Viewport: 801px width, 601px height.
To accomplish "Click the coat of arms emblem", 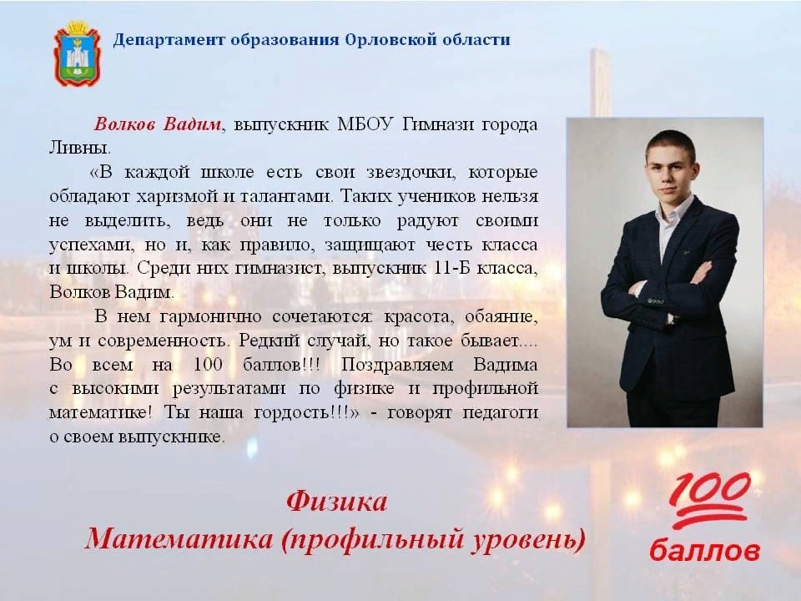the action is pyautogui.click(x=77, y=53).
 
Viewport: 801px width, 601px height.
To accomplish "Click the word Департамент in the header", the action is pyautogui.click(x=169, y=40).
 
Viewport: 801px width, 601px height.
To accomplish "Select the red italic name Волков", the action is pyautogui.click(x=126, y=124).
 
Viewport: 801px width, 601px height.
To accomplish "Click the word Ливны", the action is pyautogui.click(x=80, y=149).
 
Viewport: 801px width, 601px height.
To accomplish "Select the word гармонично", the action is pyautogui.click(x=211, y=317).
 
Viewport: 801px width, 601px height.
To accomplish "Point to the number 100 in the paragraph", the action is pyautogui.click(x=208, y=365).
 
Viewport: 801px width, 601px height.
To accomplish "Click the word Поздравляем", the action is pyautogui.click(x=397, y=365).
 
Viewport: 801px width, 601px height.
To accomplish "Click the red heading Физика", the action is pyautogui.click(x=336, y=502).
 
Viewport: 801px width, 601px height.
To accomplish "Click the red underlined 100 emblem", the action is pyautogui.click(x=709, y=501).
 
